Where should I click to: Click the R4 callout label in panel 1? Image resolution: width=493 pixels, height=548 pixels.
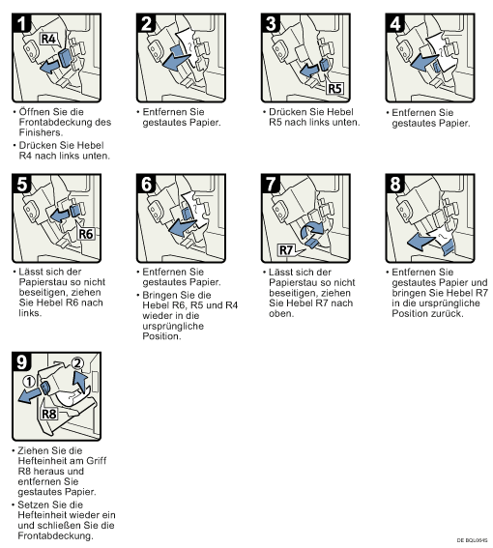click(x=48, y=39)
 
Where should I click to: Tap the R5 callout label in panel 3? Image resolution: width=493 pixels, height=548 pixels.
click(x=334, y=88)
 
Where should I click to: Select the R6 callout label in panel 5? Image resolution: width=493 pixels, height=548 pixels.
click(x=86, y=234)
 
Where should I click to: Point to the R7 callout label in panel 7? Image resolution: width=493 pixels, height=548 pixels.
click(x=286, y=250)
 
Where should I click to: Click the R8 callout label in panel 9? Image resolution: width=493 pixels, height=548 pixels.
click(x=49, y=414)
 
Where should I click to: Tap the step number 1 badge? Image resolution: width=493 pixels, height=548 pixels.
click(x=21, y=23)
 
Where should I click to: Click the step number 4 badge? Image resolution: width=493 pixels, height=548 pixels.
click(x=395, y=23)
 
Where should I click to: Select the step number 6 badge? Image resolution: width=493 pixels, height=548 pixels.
click(x=146, y=184)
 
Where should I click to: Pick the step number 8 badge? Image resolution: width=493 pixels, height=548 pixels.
click(x=395, y=184)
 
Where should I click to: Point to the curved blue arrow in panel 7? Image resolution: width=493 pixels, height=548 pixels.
click(x=312, y=230)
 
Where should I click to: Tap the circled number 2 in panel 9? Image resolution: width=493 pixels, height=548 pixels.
click(x=77, y=363)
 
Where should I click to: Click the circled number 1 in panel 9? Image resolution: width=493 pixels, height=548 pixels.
click(x=29, y=382)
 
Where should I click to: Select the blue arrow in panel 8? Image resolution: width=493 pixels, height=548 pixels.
click(x=421, y=241)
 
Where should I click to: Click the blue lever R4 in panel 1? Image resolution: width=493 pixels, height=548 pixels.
click(x=65, y=58)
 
